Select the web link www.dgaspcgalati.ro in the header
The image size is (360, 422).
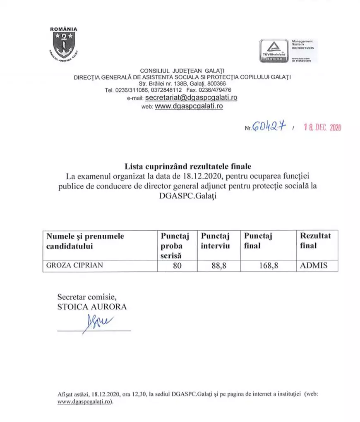[x=189, y=106]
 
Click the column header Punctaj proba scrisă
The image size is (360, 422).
[x=175, y=246]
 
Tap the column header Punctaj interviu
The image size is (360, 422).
[x=215, y=241]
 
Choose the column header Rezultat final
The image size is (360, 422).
[x=315, y=241]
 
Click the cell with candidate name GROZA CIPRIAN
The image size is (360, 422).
[x=74, y=266]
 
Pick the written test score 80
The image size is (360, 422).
[x=178, y=266]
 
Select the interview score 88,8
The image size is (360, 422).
[x=219, y=266]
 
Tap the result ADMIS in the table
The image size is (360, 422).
[x=313, y=266]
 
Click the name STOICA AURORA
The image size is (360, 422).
[x=92, y=307]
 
